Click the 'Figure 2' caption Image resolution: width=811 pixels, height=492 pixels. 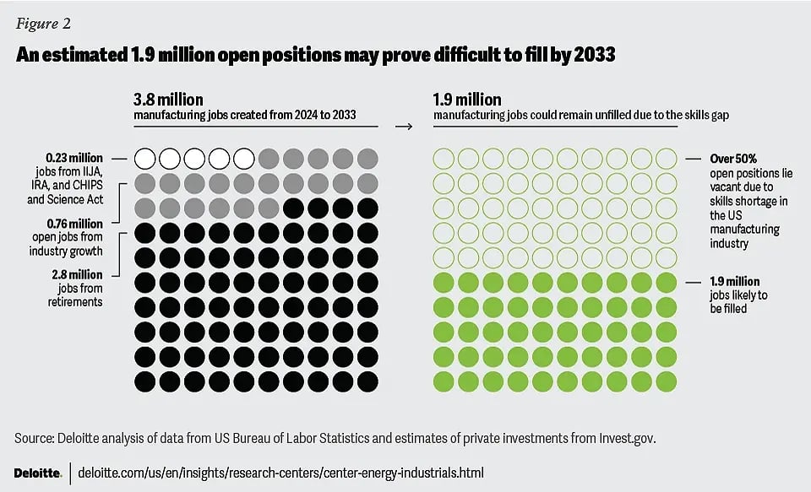pos(41,23)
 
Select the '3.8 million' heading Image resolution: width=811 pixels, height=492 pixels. pos(168,100)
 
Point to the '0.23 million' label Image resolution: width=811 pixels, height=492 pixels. pos(74,158)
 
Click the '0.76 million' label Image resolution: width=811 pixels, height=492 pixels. pos(74,224)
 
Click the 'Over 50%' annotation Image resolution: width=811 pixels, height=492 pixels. pos(710,158)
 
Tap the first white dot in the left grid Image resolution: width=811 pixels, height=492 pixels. pos(145,158)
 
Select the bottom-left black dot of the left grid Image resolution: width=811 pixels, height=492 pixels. pos(145,381)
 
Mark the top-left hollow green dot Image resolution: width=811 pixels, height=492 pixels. pos(444,158)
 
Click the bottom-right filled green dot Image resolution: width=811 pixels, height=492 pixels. pos(667,381)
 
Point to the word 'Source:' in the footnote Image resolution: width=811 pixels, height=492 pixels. pos(37,438)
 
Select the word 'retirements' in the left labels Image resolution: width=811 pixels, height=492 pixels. pos(75,301)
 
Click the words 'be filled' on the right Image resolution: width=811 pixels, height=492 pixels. pos(729,308)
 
